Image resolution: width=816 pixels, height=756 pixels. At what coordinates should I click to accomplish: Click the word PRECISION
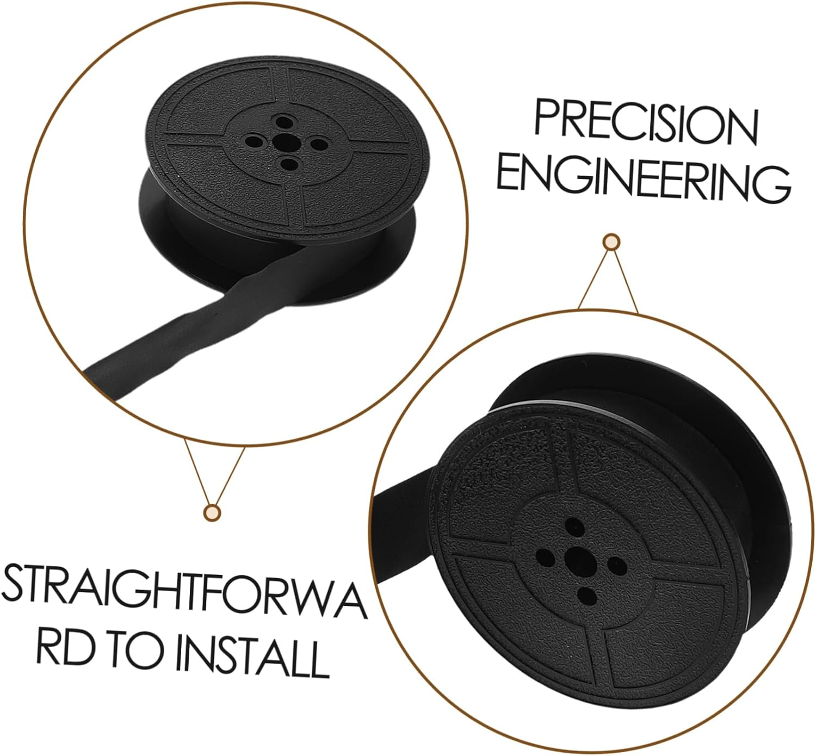coord(646,122)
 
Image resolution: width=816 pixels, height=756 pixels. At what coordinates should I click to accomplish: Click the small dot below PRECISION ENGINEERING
coord(612,241)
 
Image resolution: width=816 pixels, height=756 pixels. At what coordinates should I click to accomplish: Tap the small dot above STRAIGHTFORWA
coord(212,511)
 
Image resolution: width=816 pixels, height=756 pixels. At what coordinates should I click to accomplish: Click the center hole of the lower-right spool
coord(574,559)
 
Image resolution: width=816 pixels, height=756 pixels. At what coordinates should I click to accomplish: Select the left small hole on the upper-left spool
coord(254,142)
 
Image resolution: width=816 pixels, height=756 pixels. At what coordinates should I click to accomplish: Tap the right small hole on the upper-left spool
coord(319,145)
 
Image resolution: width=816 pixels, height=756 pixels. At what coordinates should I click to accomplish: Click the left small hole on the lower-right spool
coord(544,556)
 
